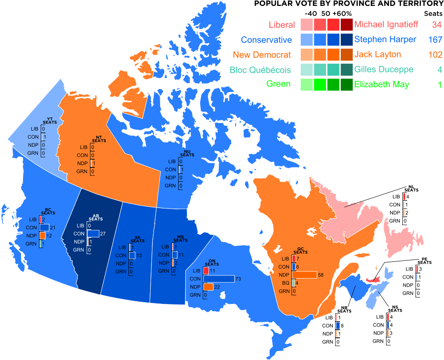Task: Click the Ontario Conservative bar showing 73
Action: (x=219, y=279)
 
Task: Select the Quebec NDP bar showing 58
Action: (x=304, y=275)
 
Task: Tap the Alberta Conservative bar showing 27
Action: (x=93, y=233)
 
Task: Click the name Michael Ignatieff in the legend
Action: (x=387, y=24)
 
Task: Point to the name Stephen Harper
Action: (x=385, y=39)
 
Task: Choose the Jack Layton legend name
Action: (x=378, y=55)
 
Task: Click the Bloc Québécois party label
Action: (x=260, y=70)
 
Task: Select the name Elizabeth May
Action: (x=382, y=84)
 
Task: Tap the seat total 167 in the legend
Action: (x=435, y=39)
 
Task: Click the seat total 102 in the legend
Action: (x=435, y=55)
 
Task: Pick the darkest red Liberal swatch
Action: (x=347, y=24)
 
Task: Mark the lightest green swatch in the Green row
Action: (x=307, y=84)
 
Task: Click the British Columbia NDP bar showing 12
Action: (x=43, y=236)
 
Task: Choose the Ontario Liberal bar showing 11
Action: (x=206, y=270)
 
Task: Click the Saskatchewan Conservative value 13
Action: (x=139, y=256)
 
